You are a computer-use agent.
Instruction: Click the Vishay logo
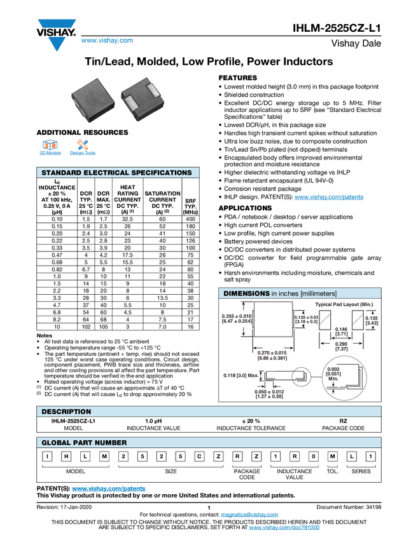[56, 33]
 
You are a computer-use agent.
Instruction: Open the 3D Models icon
[50, 147]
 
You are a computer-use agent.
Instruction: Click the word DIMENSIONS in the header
[246, 294]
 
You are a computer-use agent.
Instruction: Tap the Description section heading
[66, 412]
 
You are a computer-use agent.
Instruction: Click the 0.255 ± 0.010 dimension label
[237, 320]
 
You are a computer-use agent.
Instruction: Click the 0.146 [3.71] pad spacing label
[342, 330]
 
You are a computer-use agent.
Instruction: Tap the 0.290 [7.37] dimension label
[342, 346]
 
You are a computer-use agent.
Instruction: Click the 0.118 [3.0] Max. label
[241, 375]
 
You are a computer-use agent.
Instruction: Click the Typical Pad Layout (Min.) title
[344, 305]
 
